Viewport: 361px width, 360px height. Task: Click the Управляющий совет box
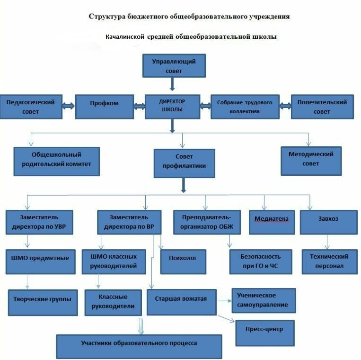(174, 66)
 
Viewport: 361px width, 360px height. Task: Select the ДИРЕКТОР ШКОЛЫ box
(172, 107)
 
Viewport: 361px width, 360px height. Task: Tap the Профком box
(105, 107)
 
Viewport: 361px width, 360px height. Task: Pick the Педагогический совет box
(31, 107)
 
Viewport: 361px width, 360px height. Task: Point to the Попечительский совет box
(322, 107)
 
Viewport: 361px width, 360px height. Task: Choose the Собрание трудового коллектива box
(245, 107)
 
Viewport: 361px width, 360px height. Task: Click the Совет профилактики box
(185, 163)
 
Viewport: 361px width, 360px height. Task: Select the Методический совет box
(311, 161)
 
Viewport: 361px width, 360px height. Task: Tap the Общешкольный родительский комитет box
(57, 162)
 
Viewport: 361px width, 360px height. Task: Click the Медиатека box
(272, 223)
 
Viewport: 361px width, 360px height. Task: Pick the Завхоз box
(328, 223)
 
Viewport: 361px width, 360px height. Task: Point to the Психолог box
(183, 261)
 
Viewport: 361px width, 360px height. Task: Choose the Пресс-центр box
(265, 333)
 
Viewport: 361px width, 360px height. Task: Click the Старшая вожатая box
(181, 302)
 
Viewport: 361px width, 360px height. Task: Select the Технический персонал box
(329, 261)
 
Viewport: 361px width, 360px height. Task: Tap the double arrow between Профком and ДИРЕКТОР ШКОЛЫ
(140, 106)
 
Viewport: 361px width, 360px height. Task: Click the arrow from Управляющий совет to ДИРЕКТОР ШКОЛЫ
(172, 84)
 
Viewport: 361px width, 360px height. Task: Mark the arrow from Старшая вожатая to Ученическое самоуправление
(224, 301)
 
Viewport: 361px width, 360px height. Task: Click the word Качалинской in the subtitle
(125, 36)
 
